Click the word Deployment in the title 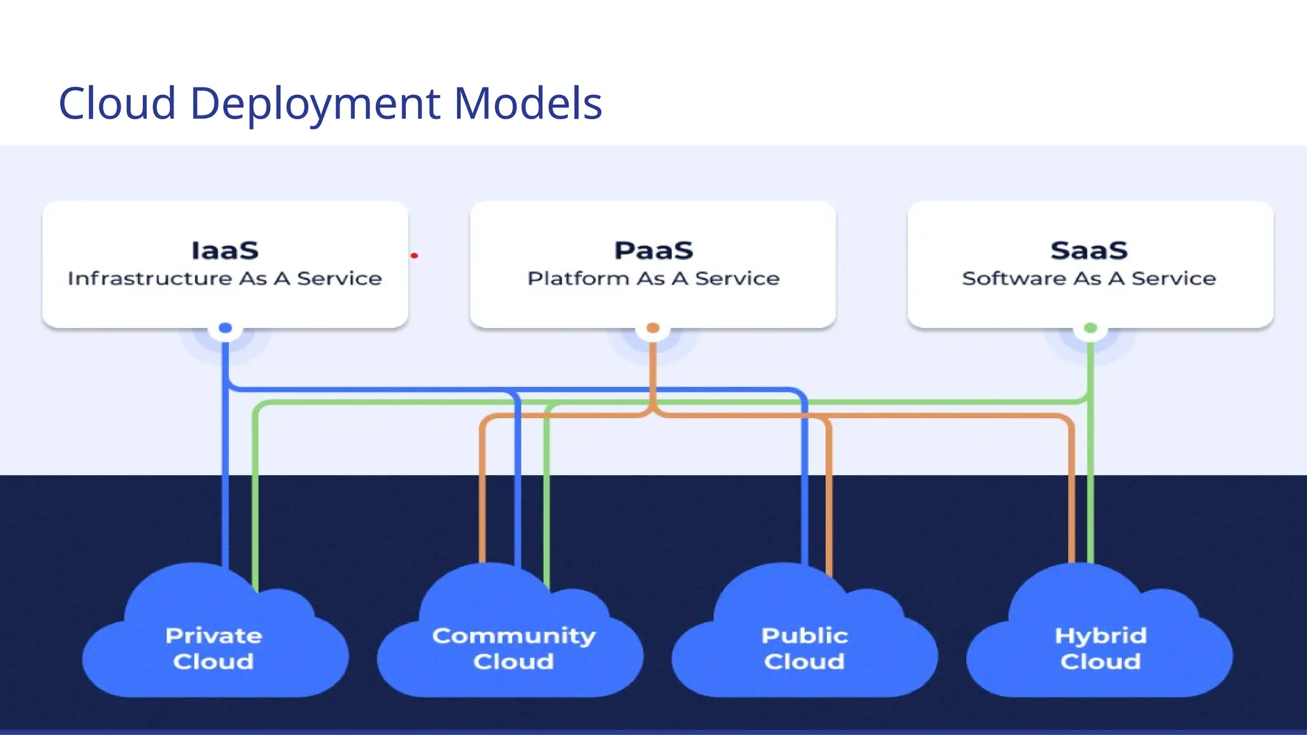(x=315, y=103)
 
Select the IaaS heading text (x=225, y=251)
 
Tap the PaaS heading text (x=653, y=251)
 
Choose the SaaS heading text (x=1089, y=251)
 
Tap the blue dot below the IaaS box (x=225, y=328)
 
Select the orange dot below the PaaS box (x=652, y=328)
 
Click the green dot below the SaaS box (x=1090, y=328)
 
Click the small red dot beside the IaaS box (x=414, y=256)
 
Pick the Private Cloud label (x=214, y=648)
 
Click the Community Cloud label (x=513, y=648)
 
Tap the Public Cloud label (x=804, y=648)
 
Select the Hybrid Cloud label (x=1100, y=648)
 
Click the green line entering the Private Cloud (x=255, y=510)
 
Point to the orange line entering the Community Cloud (x=482, y=510)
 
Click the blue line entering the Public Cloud (x=804, y=510)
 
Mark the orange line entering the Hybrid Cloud (x=1072, y=510)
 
